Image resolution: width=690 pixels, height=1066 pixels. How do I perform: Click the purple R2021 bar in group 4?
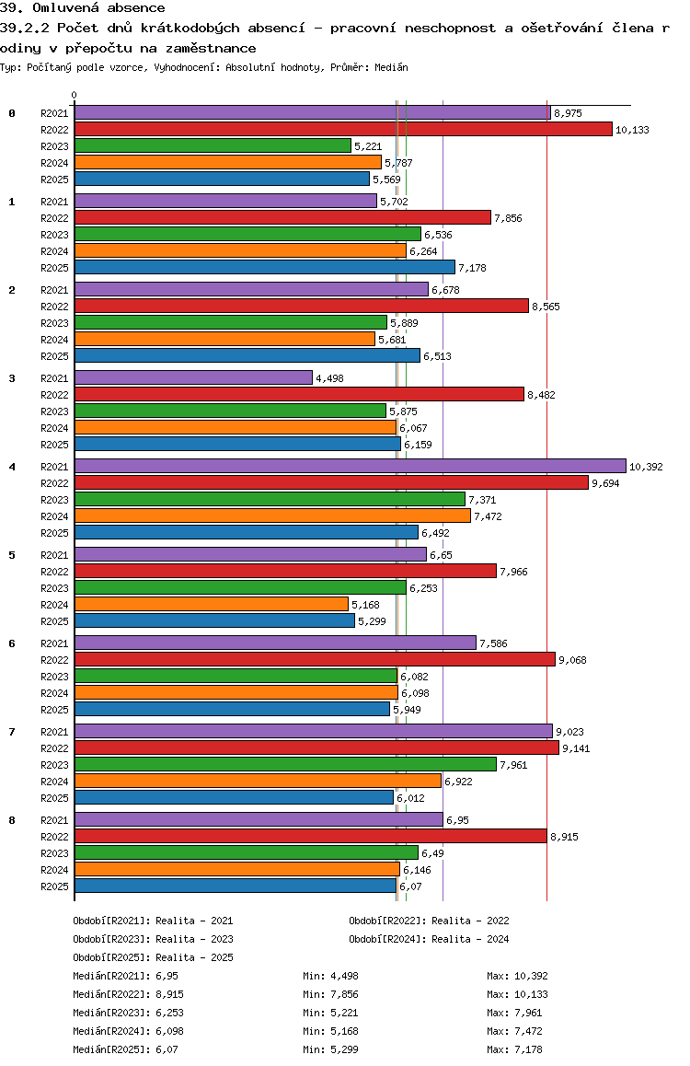(x=350, y=466)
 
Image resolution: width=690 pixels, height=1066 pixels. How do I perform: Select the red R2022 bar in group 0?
(x=343, y=129)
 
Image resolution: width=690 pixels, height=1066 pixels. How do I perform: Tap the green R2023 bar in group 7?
(x=285, y=764)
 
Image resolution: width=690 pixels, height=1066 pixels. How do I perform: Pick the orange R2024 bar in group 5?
(x=212, y=604)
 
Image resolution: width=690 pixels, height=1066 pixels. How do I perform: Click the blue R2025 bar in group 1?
(x=265, y=267)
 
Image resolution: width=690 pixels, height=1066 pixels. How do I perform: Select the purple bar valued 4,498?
(x=193, y=377)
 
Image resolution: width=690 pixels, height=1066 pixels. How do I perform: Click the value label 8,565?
(x=546, y=307)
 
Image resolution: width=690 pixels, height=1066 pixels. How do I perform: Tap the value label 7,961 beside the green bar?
(x=512, y=765)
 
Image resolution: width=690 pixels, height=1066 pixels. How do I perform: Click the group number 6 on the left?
(x=12, y=643)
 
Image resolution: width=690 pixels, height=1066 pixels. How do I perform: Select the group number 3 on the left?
(x=12, y=377)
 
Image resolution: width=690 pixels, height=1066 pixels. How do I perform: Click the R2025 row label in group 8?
(x=54, y=886)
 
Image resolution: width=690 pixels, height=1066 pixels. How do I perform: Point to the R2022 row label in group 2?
(x=54, y=307)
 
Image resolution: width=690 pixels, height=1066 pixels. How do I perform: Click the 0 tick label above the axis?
(x=75, y=95)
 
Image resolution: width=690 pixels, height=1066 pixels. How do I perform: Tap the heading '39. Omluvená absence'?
(x=83, y=8)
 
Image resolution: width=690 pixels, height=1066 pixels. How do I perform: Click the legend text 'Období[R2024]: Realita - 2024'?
(x=429, y=939)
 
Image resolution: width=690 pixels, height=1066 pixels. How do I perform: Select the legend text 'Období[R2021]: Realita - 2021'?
(x=153, y=921)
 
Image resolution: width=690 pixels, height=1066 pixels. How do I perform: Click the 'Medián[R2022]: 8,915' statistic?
(x=125, y=994)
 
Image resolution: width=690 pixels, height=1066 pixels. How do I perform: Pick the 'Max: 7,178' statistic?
(x=518, y=1049)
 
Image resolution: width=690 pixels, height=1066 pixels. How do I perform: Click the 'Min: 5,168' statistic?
(x=334, y=1031)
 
